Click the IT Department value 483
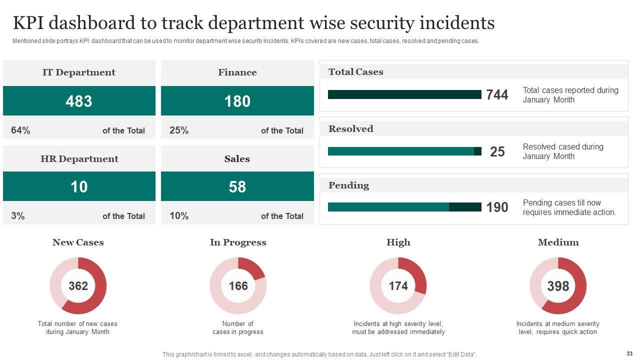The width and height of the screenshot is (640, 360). click(79, 101)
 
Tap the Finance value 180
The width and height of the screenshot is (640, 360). click(237, 101)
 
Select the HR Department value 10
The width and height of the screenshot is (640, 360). click(79, 186)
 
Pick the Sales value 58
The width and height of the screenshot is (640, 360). click(237, 186)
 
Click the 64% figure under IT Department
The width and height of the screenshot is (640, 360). click(20, 130)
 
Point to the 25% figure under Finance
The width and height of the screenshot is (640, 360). click(179, 130)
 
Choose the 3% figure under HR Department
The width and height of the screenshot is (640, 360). click(18, 216)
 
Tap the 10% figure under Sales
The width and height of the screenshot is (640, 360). click(179, 216)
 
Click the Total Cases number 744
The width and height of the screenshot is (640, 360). click(497, 95)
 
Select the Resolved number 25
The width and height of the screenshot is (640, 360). click(497, 151)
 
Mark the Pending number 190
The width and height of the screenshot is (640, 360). click(497, 207)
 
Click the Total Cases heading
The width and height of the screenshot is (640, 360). click(355, 72)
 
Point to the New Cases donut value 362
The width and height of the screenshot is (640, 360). click(78, 286)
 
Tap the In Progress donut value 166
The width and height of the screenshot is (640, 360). click(238, 286)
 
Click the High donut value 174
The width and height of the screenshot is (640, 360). click(398, 286)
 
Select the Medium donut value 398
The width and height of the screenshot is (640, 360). click(558, 286)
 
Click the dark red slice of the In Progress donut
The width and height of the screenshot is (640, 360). click(254, 268)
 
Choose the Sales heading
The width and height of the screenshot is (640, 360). click(237, 159)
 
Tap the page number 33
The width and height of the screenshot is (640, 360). click(629, 353)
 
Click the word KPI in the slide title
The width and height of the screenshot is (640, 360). click(31, 23)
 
